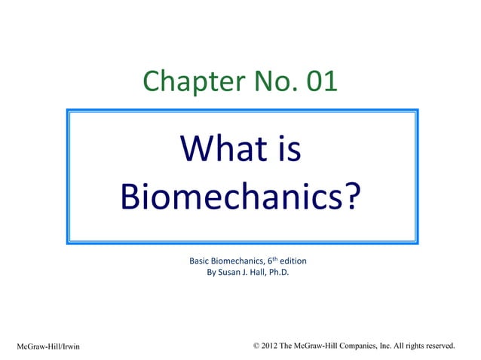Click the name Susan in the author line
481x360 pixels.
230,273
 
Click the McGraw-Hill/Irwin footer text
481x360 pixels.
48,346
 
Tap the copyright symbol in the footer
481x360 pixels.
259,346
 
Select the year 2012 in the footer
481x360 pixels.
272,346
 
